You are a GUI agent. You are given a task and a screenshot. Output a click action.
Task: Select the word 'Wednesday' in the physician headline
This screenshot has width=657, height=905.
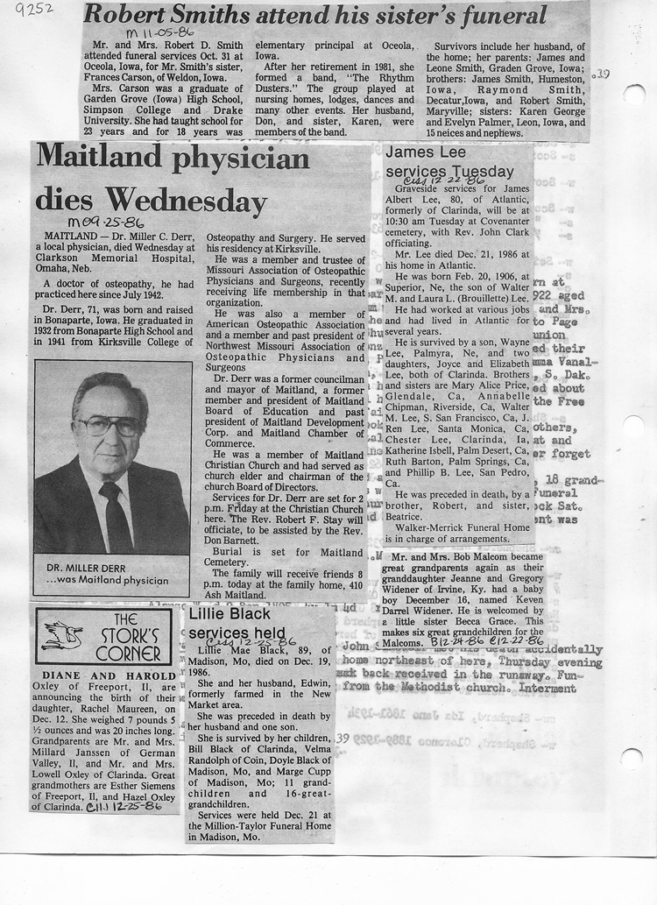coord(185,202)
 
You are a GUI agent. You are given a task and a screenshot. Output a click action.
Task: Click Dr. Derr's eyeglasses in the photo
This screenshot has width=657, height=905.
coord(109,426)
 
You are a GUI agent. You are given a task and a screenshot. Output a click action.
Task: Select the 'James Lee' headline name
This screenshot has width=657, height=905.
coord(420,153)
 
